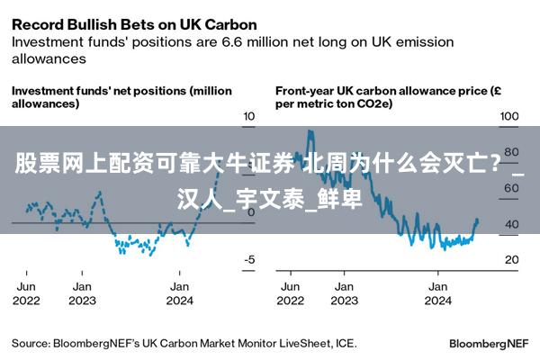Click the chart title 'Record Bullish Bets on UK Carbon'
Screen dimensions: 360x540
134,24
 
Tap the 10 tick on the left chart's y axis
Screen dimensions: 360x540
249,116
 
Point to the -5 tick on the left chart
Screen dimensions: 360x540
249,259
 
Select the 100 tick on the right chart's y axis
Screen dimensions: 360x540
509,116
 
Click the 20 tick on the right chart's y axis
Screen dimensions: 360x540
511,259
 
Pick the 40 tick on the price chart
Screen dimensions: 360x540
511,224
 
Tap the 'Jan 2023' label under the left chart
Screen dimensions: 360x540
82,292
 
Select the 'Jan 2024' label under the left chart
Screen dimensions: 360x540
179,292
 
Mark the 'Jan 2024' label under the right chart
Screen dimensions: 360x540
437,292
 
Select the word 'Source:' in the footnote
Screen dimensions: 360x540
30,343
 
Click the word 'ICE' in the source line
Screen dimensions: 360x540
346,343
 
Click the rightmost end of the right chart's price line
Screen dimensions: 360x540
477,220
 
